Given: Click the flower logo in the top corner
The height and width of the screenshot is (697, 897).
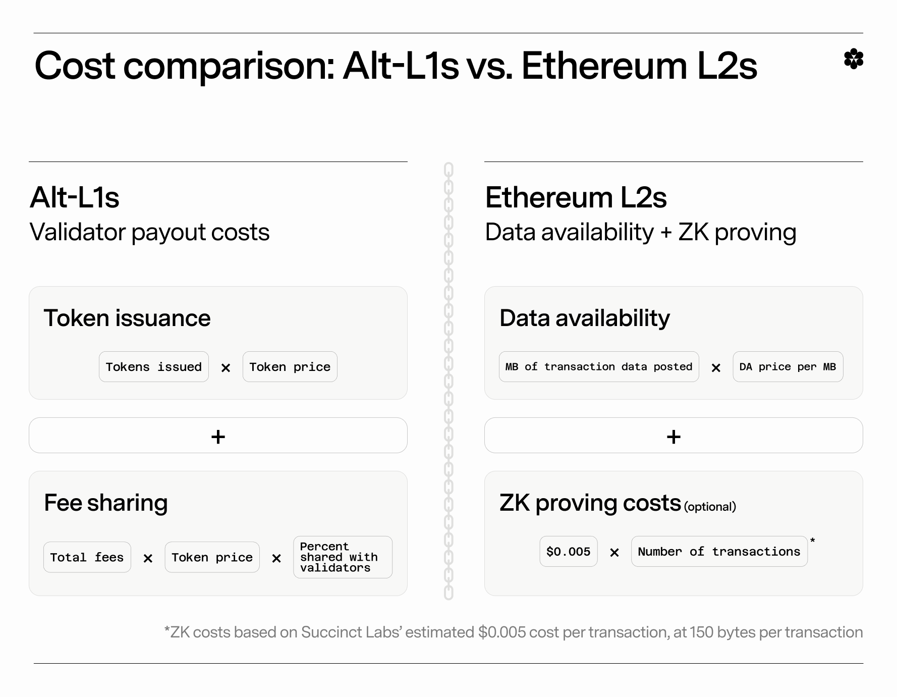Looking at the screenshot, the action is point(854,59).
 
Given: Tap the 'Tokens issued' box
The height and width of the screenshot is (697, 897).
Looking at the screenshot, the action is point(154,367).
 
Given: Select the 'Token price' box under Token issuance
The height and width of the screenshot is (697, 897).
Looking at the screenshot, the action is point(290,367).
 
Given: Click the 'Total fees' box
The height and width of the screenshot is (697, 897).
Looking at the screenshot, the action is point(87,557).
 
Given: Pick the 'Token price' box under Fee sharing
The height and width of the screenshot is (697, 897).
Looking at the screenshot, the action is point(212,557).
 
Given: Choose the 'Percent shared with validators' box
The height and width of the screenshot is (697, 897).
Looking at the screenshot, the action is point(343,557).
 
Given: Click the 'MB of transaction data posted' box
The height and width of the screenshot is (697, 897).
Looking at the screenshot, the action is point(599,367).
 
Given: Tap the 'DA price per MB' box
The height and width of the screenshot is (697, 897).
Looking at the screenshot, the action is point(788,367).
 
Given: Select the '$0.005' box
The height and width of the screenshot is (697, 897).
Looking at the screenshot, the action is point(569,552).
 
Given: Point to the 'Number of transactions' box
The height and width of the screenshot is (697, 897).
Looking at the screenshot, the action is point(719,552).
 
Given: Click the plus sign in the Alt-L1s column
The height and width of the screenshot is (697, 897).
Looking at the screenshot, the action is point(218,437).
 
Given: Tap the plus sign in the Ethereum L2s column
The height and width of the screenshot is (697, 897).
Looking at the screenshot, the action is point(674,437).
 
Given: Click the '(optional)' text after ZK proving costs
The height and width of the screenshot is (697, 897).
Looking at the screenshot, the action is point(710,507).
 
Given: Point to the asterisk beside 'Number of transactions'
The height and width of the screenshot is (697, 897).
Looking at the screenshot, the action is point(812,541).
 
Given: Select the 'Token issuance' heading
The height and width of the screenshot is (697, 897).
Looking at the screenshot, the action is point(127,318).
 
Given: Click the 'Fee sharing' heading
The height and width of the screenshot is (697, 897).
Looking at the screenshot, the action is point(106,503).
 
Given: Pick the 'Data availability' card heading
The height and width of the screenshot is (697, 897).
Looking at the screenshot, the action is point(585,318).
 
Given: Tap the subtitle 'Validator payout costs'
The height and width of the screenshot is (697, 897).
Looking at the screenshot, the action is point(150,233).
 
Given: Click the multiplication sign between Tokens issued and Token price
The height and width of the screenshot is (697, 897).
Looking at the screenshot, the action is point(226,368).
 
